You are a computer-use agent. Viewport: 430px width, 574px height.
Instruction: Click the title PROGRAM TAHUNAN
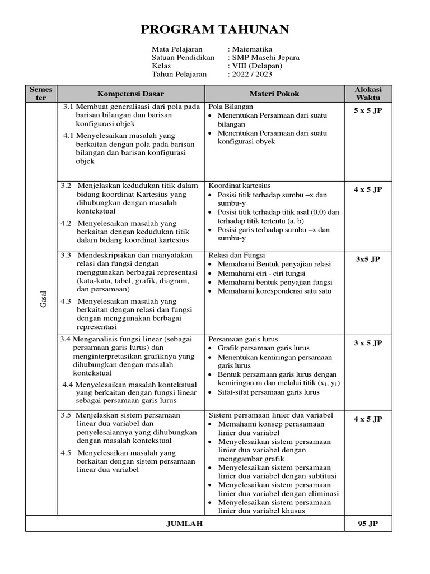coord(214,30)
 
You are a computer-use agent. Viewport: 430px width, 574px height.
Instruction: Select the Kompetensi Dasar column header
coord(130,94)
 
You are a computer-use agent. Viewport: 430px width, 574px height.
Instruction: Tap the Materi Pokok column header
coord(274,94)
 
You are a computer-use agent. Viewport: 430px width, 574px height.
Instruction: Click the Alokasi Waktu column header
coord(368,94)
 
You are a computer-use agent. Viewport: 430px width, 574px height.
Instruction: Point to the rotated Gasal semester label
coord(43,298)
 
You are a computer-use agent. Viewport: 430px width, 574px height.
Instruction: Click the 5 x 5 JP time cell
coord(368,111)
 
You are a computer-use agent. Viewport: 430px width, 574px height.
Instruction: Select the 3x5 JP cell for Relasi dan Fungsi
coord(368,260)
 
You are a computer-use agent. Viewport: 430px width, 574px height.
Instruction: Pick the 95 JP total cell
coord(368,524)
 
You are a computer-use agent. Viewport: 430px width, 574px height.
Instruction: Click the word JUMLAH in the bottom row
coord(185,524)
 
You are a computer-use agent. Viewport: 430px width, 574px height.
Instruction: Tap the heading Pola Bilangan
coord(231,107)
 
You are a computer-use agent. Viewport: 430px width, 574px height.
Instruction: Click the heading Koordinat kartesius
coord(239,186)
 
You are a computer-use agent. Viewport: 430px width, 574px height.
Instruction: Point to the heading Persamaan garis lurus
coord(243,339)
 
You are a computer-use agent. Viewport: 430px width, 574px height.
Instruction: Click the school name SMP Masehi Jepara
coord(265,57)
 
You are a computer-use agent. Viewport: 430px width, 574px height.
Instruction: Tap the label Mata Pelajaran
coord(177,49)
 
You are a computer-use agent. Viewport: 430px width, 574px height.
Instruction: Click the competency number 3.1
coord(68,107)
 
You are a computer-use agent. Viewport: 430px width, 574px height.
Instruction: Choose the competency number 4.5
coord(66,452)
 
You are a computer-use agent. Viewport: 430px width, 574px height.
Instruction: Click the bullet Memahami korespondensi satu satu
coord(274,291)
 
